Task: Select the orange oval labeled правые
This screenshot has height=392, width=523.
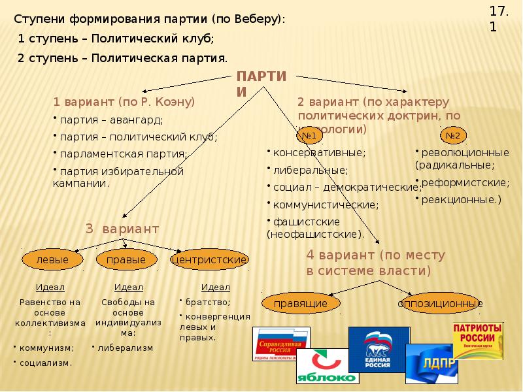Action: tap(130, 260)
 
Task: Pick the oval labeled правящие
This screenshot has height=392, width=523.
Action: tap(296, 303)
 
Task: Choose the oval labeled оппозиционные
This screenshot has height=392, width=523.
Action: tap(439, 303)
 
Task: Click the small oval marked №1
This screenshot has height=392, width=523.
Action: tap(309, 136)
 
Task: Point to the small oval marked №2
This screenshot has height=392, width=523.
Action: tap(452, 136)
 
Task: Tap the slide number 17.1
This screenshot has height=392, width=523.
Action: tap(498, 18)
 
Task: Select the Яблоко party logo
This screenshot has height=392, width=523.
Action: tap(326, 367)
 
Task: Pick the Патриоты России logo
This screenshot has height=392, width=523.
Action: tap(478, 338)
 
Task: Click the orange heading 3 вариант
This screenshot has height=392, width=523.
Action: tap(122, 229)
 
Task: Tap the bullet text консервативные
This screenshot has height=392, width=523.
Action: tap(319, 152)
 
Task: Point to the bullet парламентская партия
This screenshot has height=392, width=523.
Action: tap(123, 154)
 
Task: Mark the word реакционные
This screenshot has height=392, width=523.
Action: tap(461, 199)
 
